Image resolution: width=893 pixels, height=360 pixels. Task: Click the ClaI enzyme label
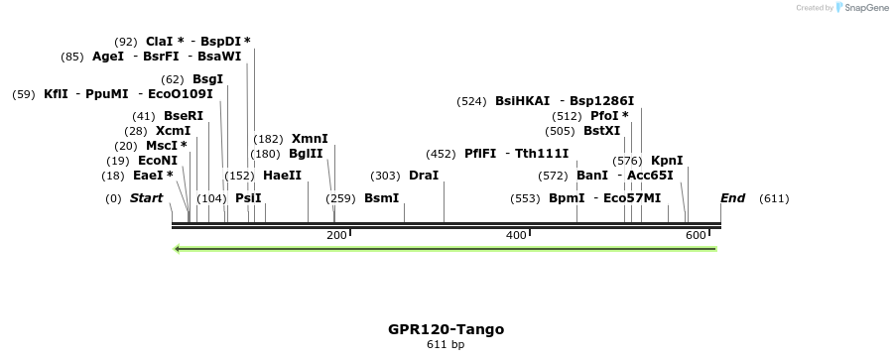pos(159,42)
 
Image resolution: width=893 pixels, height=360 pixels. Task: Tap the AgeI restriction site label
pos(108,57)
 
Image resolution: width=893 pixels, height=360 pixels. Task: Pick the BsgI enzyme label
pos(207,79)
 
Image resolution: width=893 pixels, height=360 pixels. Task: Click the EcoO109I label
pos(180,94)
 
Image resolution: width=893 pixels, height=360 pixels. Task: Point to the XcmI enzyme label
pos(173,131)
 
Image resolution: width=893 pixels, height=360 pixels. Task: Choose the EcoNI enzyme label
pos(158,161)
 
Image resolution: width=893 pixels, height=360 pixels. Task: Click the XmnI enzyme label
pos(310,139)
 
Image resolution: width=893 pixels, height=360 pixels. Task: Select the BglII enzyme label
pos(306,154)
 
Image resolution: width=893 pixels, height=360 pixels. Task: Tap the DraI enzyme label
pos(423,176)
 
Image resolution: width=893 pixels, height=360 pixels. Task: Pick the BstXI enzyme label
pos(601,131)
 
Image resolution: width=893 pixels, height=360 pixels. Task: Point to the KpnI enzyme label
pos(667,161)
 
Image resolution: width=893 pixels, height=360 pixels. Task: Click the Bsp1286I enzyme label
pos(602,101)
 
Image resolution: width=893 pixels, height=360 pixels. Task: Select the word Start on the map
pos(147,198)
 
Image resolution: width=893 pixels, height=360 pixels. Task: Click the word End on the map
pos(732,198)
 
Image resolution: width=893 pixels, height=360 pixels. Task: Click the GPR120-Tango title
pos(446,329)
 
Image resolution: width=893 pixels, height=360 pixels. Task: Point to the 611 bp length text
pos(446,345)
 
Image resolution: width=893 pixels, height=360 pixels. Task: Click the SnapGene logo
pos(861,8)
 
